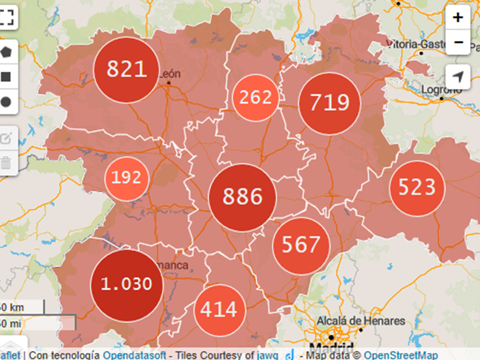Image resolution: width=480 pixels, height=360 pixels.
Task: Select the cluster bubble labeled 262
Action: point(255,98)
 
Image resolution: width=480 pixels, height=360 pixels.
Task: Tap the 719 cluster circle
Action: point(330,103)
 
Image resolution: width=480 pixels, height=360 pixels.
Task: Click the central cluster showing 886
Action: point(242,197)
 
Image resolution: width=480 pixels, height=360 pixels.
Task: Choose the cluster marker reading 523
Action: point(417,188)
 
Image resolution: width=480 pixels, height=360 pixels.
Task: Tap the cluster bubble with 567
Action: point(301,245)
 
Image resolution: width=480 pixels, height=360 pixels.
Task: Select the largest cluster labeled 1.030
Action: point(127,285)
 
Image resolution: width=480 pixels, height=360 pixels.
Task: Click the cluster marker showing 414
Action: point(219,310)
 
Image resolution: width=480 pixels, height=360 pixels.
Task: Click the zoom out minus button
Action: point(458,43)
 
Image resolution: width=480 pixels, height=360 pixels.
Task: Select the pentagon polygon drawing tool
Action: point(6,52)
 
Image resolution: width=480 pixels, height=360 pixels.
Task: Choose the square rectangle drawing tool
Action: point(6,77)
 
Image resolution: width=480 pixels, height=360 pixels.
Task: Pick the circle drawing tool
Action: point(6,102)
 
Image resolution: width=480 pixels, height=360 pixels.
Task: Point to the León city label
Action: point(170,74)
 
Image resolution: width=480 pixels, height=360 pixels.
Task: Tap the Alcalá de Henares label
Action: point(360,322)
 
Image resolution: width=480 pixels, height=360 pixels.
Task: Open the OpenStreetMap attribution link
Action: point(401,355)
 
